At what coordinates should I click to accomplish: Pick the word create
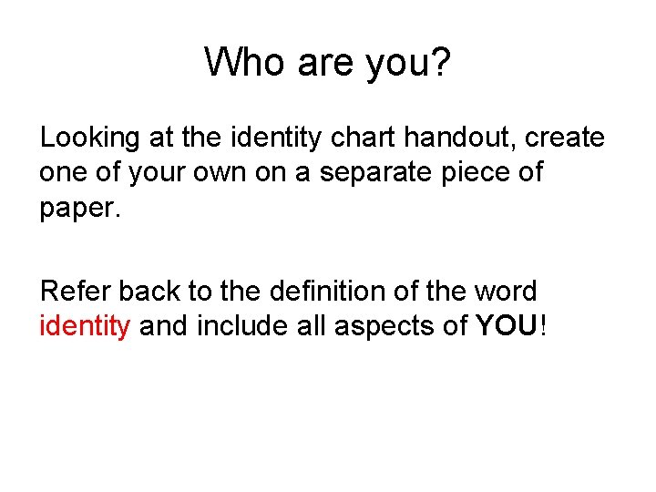pos(565,138)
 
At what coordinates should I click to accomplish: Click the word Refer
pos(76,292)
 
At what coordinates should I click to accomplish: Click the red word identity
pos(86,326)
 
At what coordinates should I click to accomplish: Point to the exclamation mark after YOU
pos(544,326)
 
